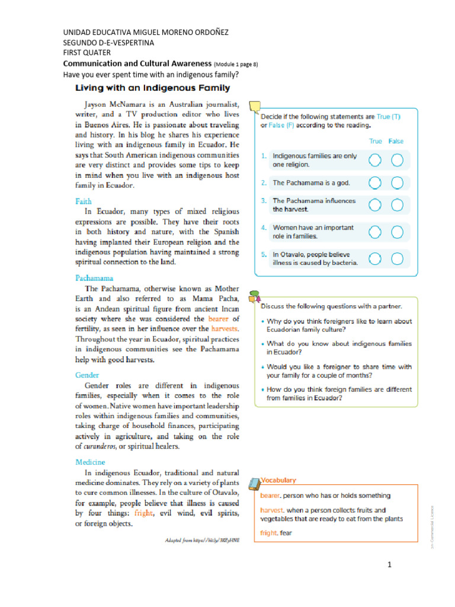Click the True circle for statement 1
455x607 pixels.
click(x=375, y=160)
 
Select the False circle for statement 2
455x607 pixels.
click(x=398, y=183)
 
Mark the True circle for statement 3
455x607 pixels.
click(x=375, y=205)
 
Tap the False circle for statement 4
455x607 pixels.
click(x=398, y=231)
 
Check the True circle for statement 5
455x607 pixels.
click(x=375, y=258)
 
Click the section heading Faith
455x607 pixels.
click(x=84, y=202)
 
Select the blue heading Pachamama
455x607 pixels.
click(x=94, y=278)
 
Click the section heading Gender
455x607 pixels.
click(x=87, y=375)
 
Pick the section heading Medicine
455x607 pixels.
click(x=90, y=462)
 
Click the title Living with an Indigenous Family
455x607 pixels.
click(x=152, y=88)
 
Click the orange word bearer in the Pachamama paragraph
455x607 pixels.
click(x=219, y=319)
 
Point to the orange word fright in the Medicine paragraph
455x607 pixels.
click(x=143, y=513)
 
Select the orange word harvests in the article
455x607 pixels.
click(x=225, y=328)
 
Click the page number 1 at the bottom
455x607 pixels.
click(x=390, y=565)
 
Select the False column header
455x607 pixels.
click(x=396, y=141)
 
